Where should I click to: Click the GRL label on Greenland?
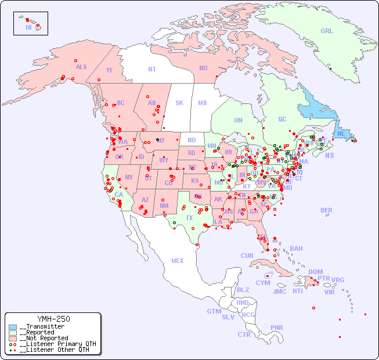(x=327, y=31)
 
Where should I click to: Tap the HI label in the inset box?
(x=28, y=27)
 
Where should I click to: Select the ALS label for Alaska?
(x=81, y=67)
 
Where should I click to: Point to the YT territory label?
(x=109, y=70)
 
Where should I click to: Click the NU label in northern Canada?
(x=203, y=68)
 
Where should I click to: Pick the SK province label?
(x=179, y=103)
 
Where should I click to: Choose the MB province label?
(x=202, y=103)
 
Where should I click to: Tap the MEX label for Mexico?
(x=178, y=261)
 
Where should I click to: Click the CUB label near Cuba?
(x=247, y=255)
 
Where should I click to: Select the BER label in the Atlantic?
(x=327, y=210)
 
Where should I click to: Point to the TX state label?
(x=189, y=218)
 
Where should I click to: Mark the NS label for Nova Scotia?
(x=329, y=155)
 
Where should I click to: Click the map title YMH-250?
(x=53, y=319)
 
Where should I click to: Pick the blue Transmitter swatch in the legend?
(x=13, y=327)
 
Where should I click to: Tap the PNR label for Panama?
(x=277, y=327)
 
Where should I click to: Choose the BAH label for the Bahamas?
(x=296, y=249)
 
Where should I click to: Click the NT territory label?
(x=152, y=69)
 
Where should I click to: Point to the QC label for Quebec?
(x=282, y=119)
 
